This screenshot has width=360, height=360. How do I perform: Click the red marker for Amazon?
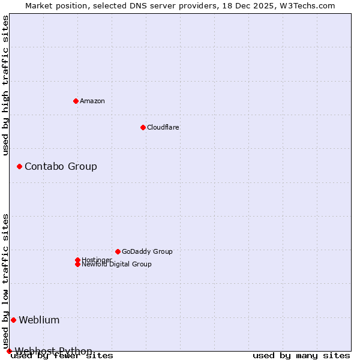(x=76, y=101)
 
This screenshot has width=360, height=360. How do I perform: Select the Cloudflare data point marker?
(x=143, y=127)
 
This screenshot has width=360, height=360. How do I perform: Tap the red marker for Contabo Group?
(x=19, y=166)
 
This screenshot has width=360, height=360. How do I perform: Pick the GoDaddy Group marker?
(x=118, y=251)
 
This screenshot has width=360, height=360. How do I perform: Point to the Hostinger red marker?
(x=77, y=260)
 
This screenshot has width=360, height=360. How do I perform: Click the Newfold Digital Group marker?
(x=77, y=264)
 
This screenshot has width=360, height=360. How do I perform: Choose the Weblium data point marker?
(x=13, y=320)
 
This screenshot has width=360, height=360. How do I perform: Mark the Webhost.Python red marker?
(x=9, y=351)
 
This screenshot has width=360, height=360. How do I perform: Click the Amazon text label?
(x=92, y=101)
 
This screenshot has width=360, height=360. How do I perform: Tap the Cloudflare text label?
(x=163, y=127)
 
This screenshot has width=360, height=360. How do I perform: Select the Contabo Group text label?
(x=61, y=166)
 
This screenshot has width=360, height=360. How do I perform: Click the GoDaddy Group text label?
(x=147, y=251)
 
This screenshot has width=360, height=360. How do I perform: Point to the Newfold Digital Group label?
(x=116, y=264)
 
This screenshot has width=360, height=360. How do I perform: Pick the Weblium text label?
(x=39, y=320)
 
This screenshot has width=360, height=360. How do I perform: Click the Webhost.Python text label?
(x=53, y=351)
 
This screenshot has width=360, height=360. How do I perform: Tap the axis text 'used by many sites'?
(x=301, y=356)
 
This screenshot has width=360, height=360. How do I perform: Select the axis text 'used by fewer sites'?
(x=62, y=356)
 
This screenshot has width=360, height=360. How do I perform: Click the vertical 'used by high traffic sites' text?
(x=5, y=85)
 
